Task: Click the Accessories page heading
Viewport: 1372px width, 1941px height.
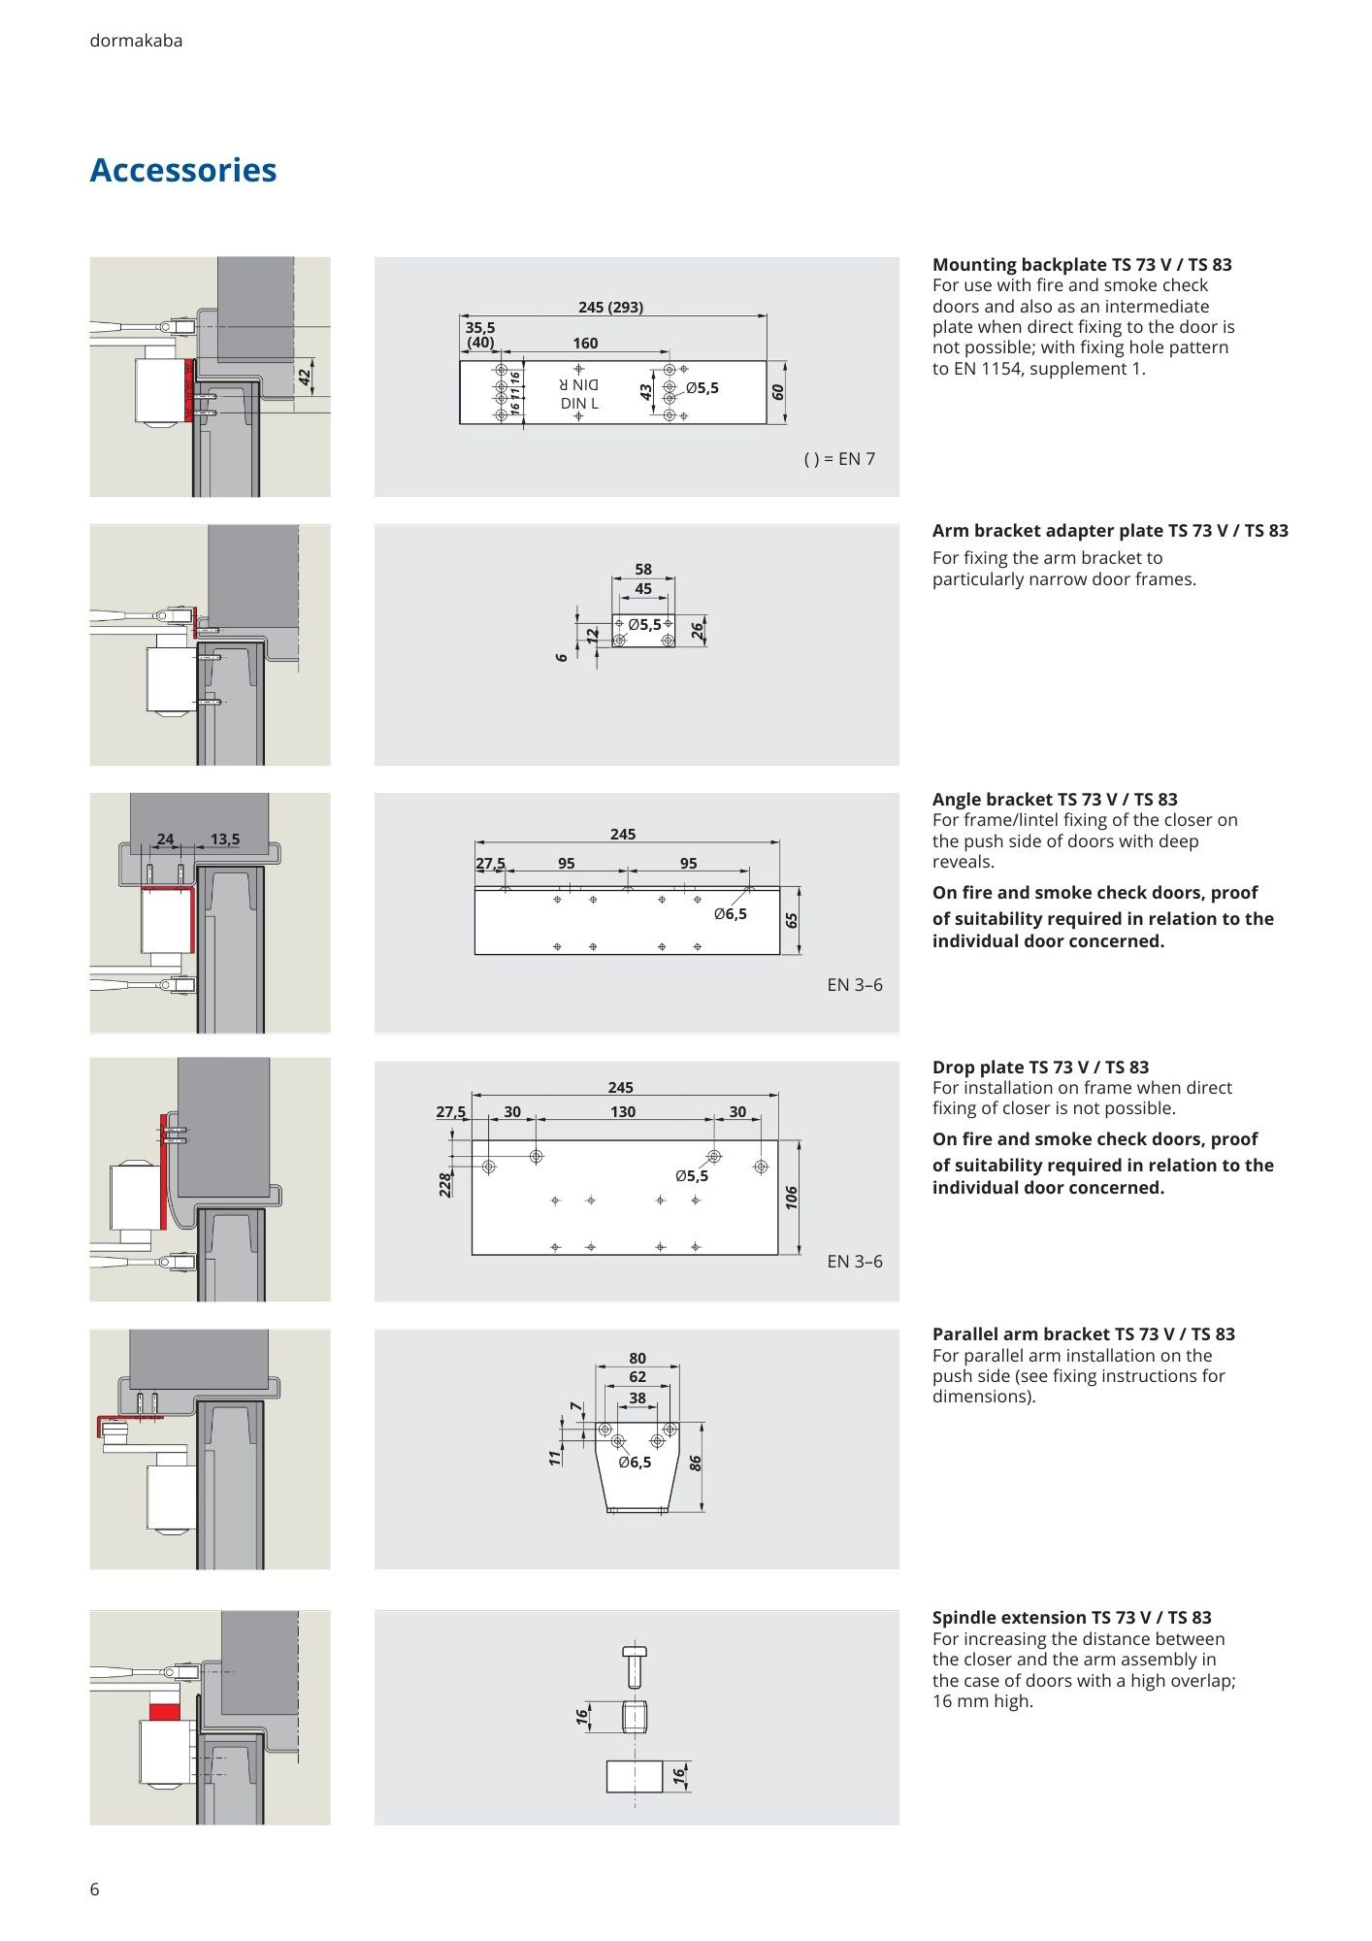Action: point(183,170)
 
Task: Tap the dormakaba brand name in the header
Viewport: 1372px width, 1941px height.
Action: point(136,41)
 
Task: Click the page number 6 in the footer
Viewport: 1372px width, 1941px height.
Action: point(94,1889)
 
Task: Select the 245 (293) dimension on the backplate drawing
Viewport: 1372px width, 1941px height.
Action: point(610,308)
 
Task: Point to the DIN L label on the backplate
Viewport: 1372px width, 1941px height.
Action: point(579,403)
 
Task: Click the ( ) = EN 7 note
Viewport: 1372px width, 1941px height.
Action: point(839,459)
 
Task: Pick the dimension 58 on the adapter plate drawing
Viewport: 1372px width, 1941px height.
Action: point(643,570)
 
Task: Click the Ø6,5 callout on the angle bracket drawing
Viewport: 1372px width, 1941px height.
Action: point(731,914)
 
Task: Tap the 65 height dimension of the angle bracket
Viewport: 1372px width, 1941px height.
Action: point(793,919)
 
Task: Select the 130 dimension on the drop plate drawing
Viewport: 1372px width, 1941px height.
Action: point(623,1112)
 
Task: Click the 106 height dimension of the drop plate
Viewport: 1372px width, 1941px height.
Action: point(792,1198)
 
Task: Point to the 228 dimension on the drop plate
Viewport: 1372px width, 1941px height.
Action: point(445,1184)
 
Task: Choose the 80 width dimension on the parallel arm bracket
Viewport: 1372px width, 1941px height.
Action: point(637,1359)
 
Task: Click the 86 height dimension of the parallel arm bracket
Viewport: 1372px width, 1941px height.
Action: point(696,1463)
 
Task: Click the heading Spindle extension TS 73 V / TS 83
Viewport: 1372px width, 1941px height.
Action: point(1071,1618)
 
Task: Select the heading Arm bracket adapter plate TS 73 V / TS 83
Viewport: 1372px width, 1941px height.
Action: point(1110,531)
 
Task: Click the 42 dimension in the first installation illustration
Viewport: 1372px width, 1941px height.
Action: point(305,377)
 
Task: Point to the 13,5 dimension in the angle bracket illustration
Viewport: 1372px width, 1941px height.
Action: point(224,839)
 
